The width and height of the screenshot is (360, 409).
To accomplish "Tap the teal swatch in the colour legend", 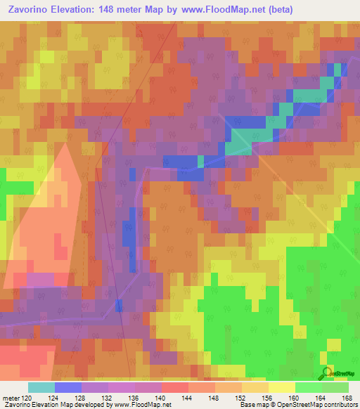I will (x=41, y=387).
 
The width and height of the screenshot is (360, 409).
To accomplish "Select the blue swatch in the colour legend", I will (x=68, y=387).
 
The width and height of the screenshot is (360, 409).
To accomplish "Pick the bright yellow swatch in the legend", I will (x=282, y=387).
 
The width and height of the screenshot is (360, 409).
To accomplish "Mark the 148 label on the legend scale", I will (x=214, y=398).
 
